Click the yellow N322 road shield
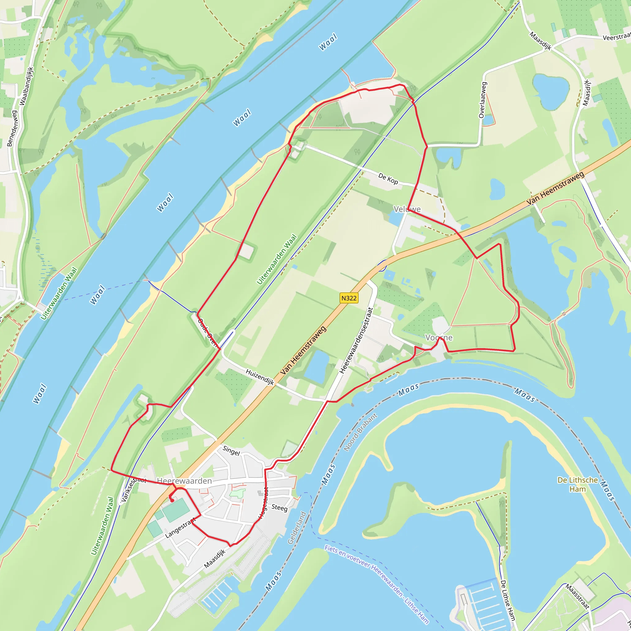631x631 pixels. pos(349,298)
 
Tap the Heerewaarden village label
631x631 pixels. pos(184,481)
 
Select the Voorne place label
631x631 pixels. pos(439,337)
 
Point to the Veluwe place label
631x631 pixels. pos(407,209)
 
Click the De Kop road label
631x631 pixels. pos(388,178)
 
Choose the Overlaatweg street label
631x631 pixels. pos(482,100)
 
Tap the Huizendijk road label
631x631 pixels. pos(260,377)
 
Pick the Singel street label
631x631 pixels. pos(231,451)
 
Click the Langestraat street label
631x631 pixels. pos(180,528)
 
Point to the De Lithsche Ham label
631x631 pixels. pos(577,484)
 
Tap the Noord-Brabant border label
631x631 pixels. pos(360,432)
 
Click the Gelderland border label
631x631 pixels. pos(297,528)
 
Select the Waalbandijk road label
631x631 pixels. pos(26,86)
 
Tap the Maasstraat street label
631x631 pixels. pos(577,597)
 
